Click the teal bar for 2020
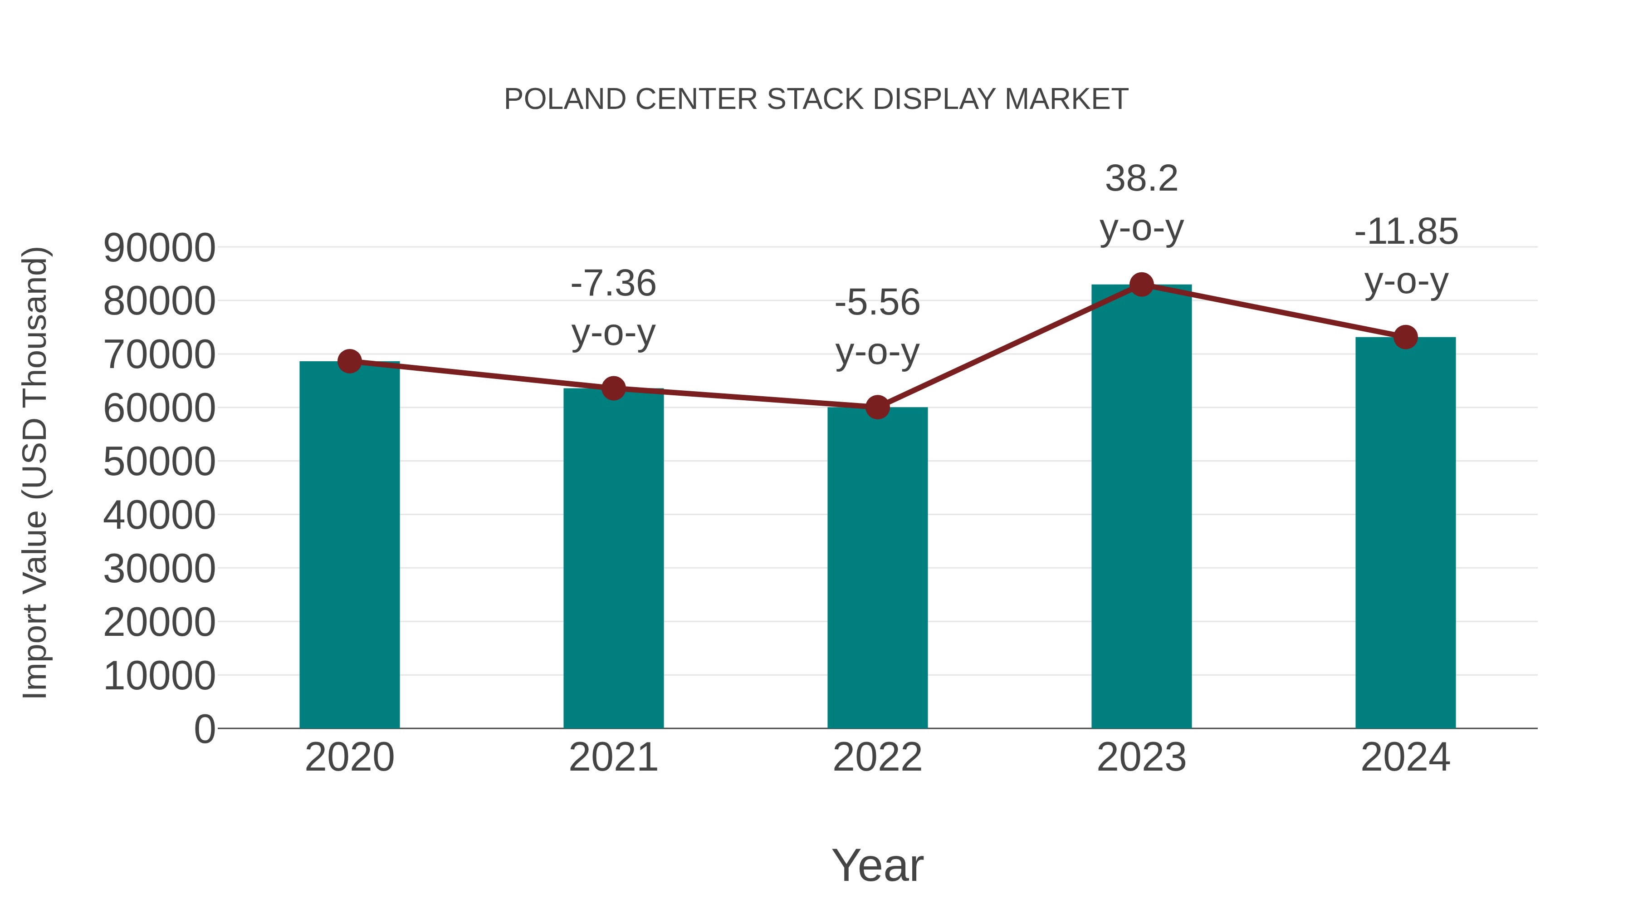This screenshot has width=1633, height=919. pos(349,546)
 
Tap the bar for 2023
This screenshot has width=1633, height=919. pos(1141,507)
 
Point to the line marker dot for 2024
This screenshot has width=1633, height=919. pos(1405,337)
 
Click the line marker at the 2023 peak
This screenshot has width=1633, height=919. pos(1141,285)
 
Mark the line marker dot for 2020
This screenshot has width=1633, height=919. pos(349,362)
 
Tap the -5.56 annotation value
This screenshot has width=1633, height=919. pos(877,303)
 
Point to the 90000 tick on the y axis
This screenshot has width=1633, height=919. pos(159,248)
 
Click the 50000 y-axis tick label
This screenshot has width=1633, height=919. pos(159,462)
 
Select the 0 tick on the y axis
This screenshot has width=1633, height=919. pos(205,729)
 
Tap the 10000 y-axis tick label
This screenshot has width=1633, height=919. pos(159,675)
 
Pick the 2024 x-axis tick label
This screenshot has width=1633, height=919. pos(1405,757)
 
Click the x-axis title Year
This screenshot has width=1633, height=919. pos(877,865)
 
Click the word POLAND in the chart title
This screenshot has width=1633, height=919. pos(565,99)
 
